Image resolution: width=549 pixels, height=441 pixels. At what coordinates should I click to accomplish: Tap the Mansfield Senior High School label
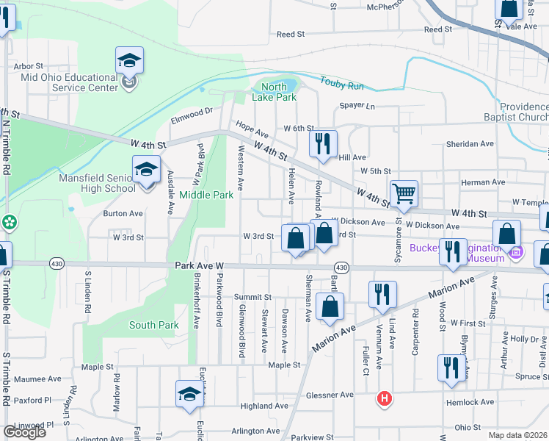(x=100, y=183)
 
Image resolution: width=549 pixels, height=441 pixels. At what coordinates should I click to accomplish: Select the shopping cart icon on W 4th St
(x=404, y=194)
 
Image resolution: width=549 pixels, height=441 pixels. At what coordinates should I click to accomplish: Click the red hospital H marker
(x=383, y=399)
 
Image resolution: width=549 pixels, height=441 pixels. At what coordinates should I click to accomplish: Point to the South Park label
(x=153, y=325)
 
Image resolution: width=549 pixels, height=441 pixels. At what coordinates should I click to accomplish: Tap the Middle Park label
(x=206, y=195)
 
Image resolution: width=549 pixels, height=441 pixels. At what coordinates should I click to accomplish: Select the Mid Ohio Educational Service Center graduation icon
(x=129, y=60)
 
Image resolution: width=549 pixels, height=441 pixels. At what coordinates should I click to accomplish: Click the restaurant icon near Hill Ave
(x=323, y=143)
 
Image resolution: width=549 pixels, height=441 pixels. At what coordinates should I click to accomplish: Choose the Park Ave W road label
(x=199, y=265)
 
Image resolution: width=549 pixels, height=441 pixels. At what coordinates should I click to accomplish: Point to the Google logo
(x=24, y=431)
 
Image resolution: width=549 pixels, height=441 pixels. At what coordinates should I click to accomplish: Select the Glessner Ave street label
(x=330, y=395)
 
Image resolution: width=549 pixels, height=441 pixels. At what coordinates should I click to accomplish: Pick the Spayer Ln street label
(x=357, y=106)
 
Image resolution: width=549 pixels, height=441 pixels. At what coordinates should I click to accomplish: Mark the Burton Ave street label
(x=123, y=214)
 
